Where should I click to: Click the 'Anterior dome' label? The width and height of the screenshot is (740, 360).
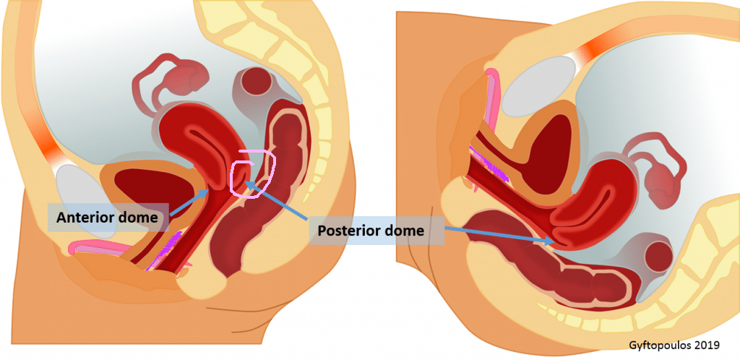click(106, 218)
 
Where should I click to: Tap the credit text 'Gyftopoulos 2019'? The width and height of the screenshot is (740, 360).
click(674, 346)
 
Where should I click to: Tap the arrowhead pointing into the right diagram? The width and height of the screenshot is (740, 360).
click(550, 241)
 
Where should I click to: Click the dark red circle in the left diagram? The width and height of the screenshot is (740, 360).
click(257, 82)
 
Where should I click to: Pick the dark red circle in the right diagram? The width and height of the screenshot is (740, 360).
click(658, 256)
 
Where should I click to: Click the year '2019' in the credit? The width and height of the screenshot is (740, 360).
click(708, 346)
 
